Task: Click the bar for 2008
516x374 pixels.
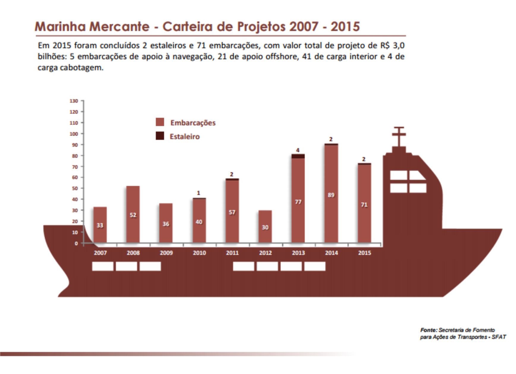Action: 133,214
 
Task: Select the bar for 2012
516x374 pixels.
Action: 265,226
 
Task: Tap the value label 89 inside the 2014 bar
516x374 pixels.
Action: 331,195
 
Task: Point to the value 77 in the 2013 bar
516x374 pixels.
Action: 298,202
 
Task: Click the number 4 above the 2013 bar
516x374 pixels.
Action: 298,150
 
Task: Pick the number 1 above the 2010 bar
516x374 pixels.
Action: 199,193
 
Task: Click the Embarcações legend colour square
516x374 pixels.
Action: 160,122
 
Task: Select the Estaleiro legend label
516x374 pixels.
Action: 184,137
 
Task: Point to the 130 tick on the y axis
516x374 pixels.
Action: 74,101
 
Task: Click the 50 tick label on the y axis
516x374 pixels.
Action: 75,188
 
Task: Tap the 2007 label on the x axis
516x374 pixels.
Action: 100,253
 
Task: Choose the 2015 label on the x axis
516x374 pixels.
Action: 364,253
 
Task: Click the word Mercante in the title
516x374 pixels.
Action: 119,26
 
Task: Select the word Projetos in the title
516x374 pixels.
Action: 261,26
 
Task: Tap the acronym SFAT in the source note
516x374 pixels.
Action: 499,337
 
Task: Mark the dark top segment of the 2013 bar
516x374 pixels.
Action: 298,156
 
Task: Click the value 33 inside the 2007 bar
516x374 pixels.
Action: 100,225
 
